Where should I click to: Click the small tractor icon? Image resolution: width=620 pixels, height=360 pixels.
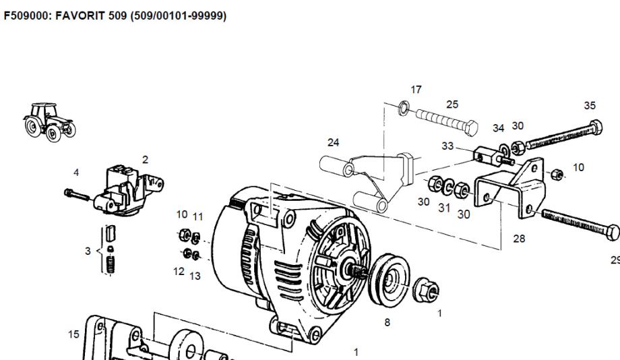coord(49,122)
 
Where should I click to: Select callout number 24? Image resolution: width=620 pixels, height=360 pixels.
coord(334,142)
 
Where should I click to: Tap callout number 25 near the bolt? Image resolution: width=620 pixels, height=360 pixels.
coord(452,104)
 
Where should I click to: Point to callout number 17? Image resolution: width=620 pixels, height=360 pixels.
coord(416,90)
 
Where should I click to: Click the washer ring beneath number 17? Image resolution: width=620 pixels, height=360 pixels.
coord(404,108)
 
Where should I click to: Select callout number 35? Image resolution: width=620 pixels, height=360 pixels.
coord(590,106)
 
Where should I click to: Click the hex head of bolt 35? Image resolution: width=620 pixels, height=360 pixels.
coord(596,127)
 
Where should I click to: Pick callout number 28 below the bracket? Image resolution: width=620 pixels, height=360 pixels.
coord(519,239)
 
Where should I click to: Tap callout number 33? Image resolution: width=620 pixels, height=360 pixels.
coord(447,146)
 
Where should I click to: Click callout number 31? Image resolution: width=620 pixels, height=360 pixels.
coord(444,208)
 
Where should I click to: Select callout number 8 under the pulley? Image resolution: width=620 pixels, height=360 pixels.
coord(387,322)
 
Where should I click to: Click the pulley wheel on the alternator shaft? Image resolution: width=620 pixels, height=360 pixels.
coord(389,280)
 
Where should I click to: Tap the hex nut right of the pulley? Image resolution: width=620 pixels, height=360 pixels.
coord(426,290)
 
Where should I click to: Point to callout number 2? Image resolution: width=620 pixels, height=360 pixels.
coord(145,160)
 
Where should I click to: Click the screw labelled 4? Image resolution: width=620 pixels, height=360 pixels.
coord(77,194)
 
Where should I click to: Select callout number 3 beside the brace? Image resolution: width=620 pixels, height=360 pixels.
coord(88,251)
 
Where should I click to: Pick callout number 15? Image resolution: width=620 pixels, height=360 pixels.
coord(73,334)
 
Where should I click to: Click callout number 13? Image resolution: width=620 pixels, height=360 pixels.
coord(195,276)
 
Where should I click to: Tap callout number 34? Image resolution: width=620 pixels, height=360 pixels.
coord(499,128)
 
